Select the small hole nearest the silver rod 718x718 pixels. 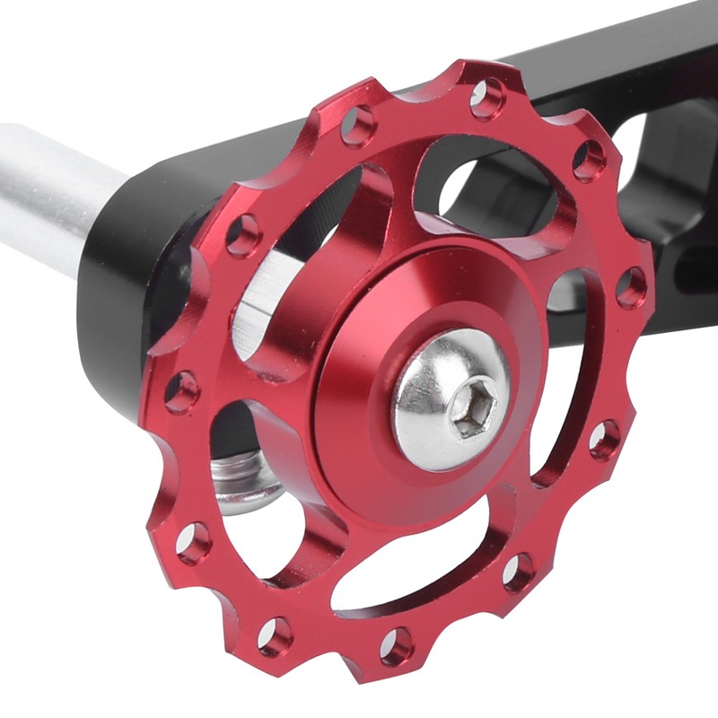[x=242, y=236]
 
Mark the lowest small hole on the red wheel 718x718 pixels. [x=396, y=645]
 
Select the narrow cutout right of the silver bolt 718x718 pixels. [x=565, y=377]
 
